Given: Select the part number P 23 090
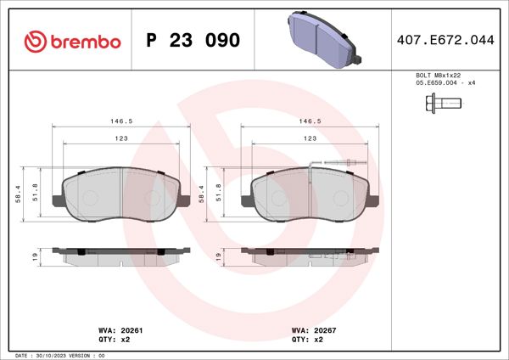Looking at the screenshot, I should click(193, 40).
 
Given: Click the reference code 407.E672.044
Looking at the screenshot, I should click(445, 40).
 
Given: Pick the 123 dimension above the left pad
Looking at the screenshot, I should click(120, 138).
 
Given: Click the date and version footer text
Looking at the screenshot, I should click(59, 355).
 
